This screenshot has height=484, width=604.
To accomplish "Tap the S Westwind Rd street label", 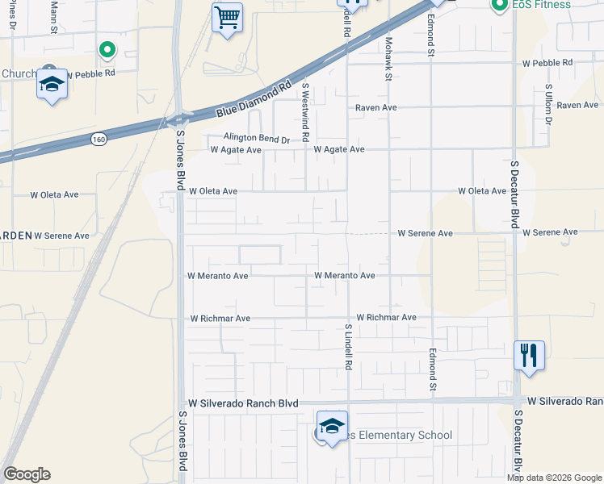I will [305, 111].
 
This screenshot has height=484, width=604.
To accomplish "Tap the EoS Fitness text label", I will [542, 5].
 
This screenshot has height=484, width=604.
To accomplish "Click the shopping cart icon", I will [227, 16].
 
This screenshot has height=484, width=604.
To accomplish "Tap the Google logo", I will [27, 474].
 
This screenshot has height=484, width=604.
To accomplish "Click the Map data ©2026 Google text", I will [555, 478].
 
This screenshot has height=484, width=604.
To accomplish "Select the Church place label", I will [18, 73].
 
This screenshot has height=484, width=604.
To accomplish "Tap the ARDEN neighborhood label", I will [15, 236].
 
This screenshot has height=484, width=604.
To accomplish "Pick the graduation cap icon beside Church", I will [52, 85].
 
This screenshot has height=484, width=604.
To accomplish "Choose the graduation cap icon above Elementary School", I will [332, 427].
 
